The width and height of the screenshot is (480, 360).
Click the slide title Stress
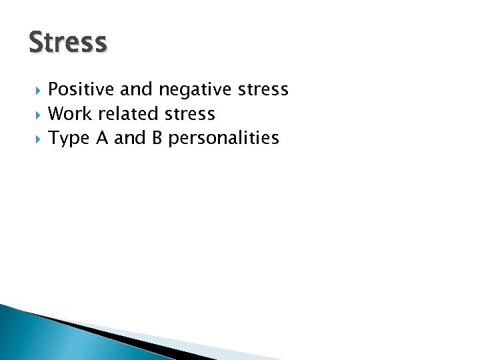67,42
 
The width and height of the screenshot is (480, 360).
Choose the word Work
70,114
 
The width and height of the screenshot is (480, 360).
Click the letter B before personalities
159,138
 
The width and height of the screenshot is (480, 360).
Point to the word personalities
225,139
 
